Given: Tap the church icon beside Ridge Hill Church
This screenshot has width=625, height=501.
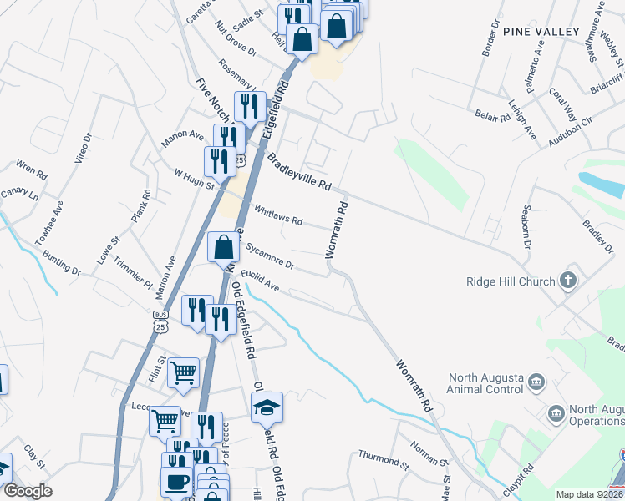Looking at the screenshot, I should click(x=568, y=281).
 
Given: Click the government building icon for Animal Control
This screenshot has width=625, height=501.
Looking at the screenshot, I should click(x=536, y=382).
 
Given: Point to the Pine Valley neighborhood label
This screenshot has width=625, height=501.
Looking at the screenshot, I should click(x=541, y=32).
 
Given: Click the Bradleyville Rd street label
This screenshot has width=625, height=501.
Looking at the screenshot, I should click(x=300, y=170).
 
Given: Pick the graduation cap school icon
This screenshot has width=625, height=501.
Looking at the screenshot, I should click(x=267, y=407).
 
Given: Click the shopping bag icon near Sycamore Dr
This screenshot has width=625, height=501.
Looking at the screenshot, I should click(x=223, y=246).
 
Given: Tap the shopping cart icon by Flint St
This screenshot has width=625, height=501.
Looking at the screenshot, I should click(x=184, y=372).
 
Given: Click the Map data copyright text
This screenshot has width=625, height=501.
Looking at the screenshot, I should click(x=590, y=494).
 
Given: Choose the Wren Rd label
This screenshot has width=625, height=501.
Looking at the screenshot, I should click(x=32, y=170).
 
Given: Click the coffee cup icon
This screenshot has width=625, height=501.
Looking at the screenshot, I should click(x=176, y=482).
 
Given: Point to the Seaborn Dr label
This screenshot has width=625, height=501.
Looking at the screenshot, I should click(x=526, y=225).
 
